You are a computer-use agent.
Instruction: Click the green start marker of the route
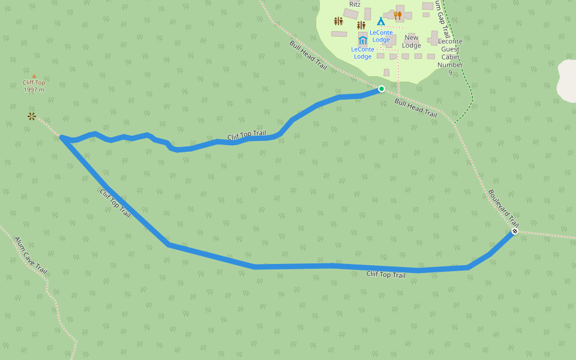pos(382,89)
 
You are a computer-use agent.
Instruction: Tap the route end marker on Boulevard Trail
pos(514,231)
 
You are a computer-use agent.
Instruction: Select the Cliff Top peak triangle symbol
pos(34,76)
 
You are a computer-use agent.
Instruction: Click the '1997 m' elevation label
pos(34,90)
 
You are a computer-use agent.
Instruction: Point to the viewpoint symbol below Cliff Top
pos(31,116)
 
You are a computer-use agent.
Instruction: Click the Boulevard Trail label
pos(503,207)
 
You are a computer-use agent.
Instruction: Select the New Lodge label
pos(412,41)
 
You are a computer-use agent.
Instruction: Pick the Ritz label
pos(355,4)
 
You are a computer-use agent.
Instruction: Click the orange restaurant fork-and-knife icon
pos(398,16)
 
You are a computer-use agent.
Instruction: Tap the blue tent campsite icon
pos(381,22)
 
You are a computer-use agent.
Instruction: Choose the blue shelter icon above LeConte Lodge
pos(362,41)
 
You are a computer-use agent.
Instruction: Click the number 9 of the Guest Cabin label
pos(450,73)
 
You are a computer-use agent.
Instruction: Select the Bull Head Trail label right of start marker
pos(416,107)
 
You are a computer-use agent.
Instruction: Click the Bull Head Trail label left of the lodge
pos(308,56)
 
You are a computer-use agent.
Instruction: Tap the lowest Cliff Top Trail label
pos(386,275)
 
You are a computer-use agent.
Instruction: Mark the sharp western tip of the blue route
pos(62,138)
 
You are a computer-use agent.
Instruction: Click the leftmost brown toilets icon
pos(338,22)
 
